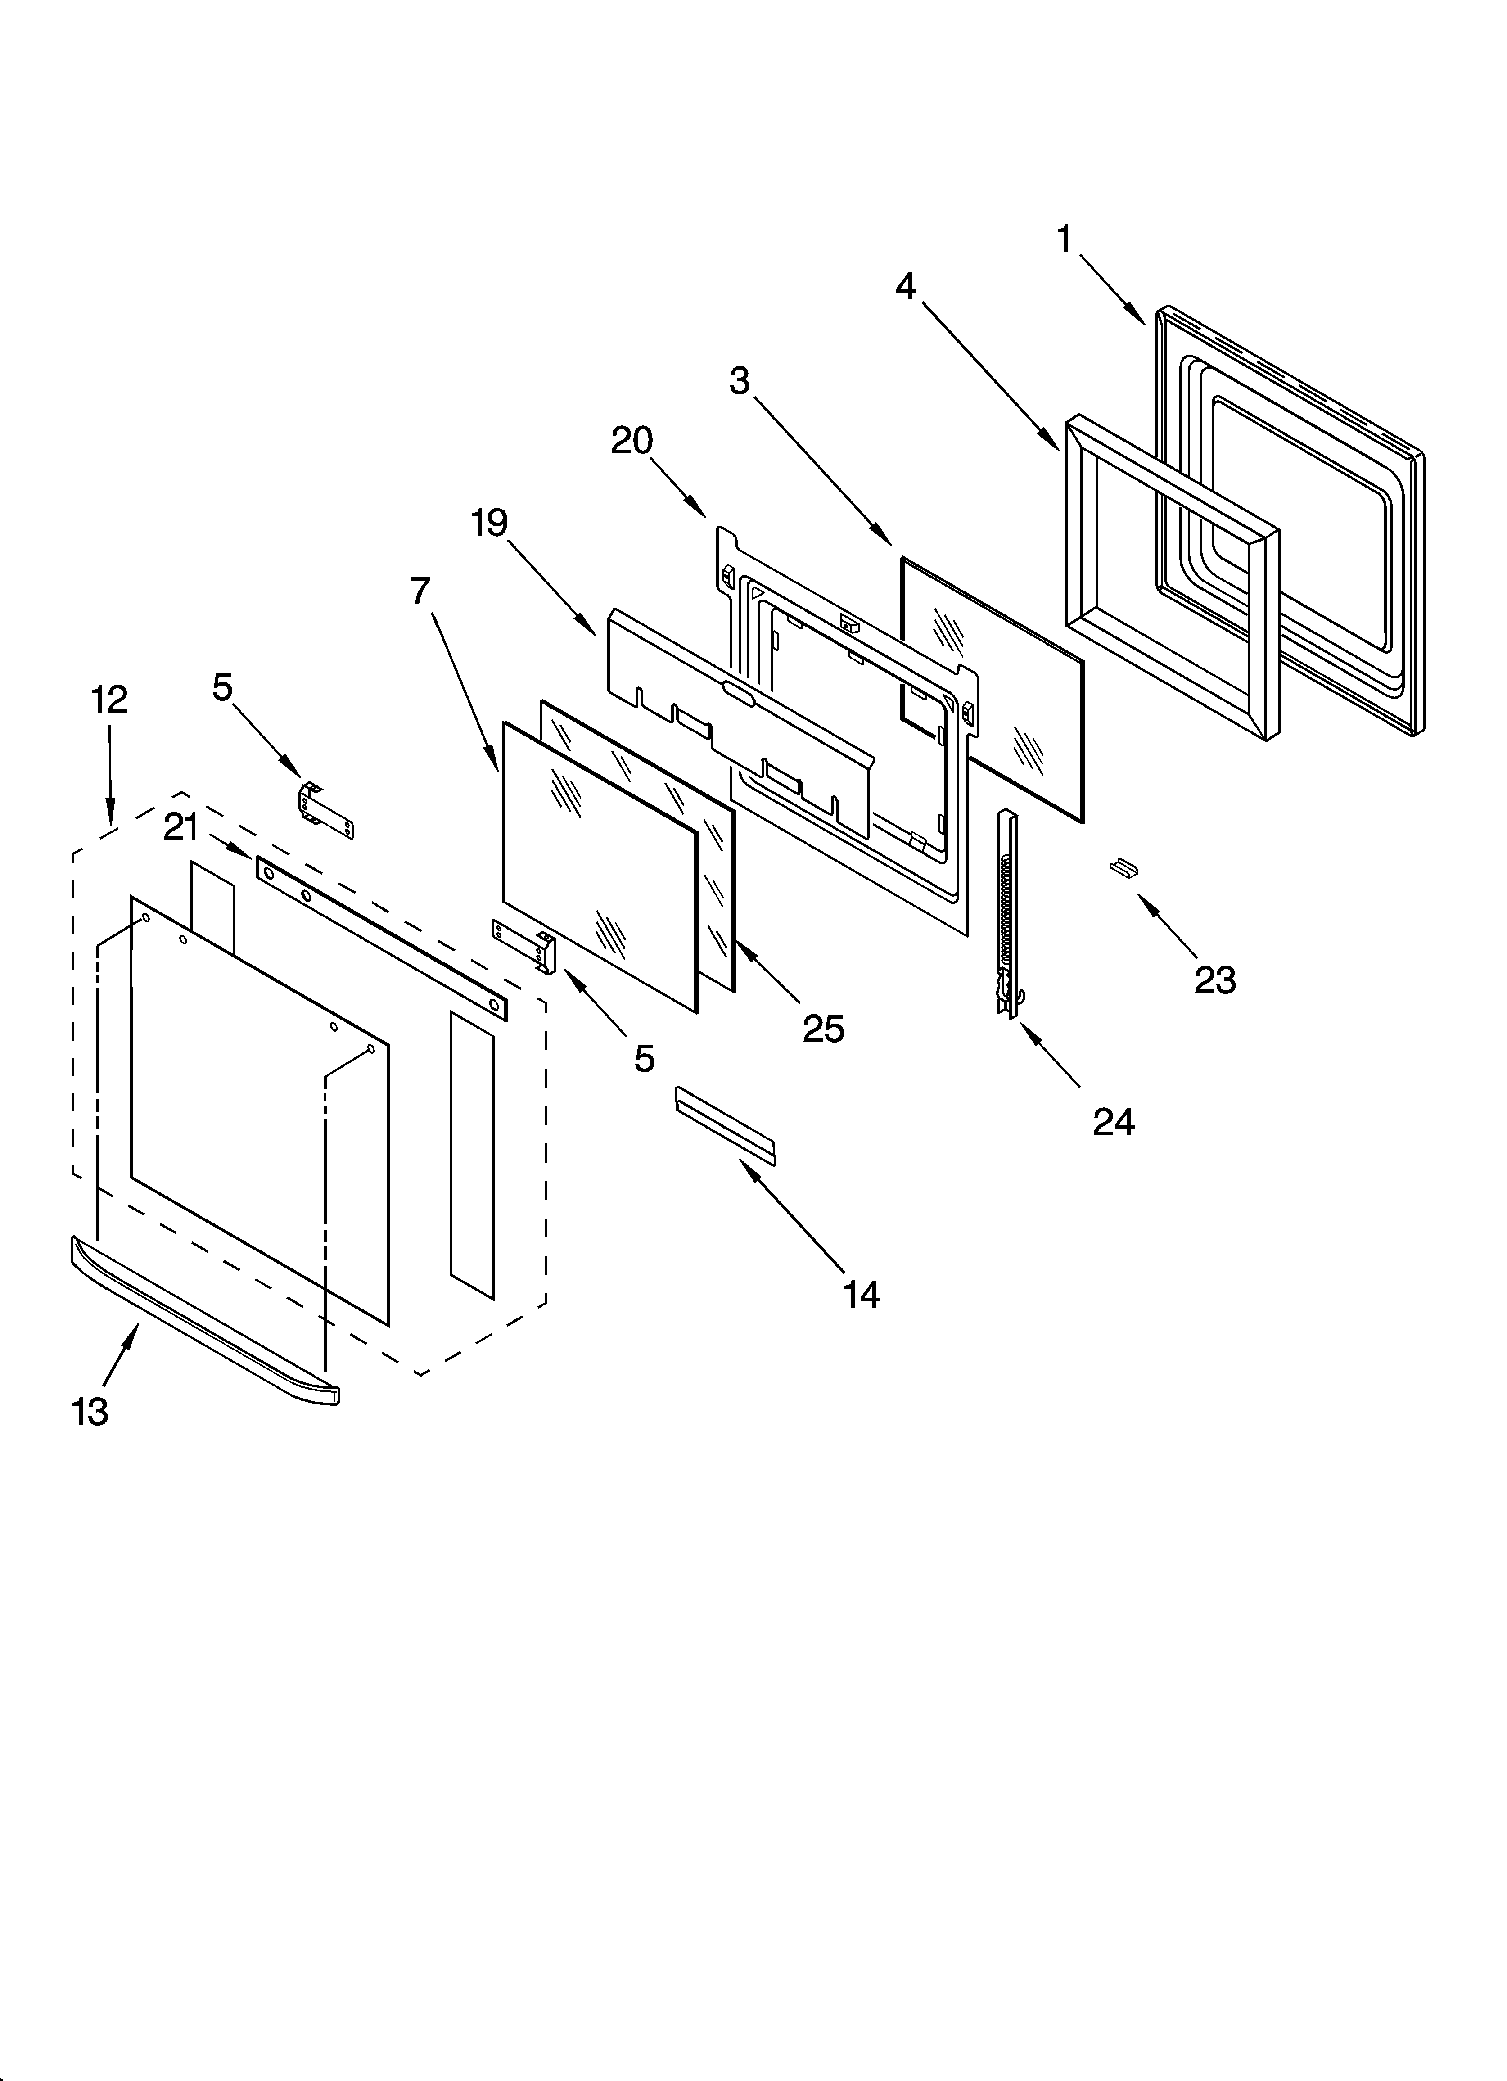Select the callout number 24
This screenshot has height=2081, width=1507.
click(x=1113, y=1122)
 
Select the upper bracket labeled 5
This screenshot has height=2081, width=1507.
click(x=326, y=810)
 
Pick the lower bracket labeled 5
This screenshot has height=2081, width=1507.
click(x=525, y=942)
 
